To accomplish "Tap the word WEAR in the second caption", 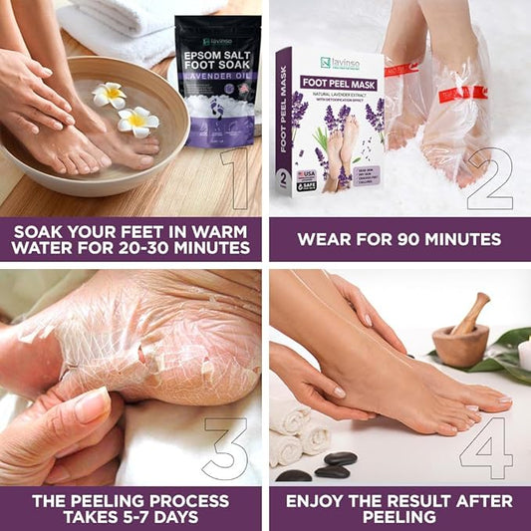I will point(323,239).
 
